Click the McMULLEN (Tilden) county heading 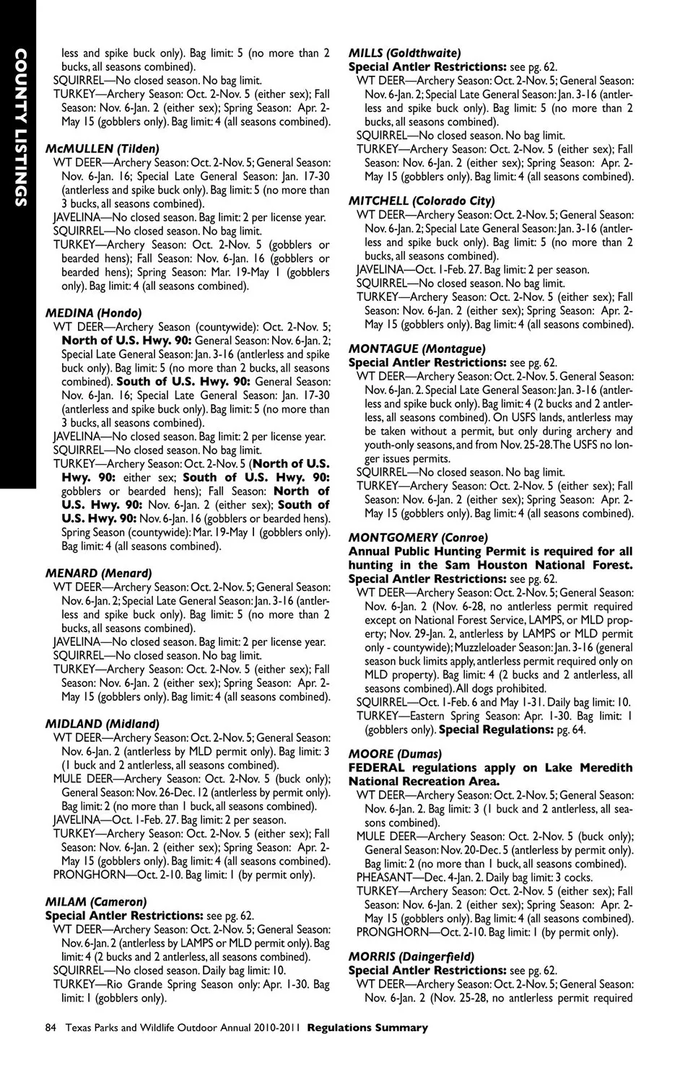(x=102, y=149)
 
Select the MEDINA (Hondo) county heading (x=93, y=313)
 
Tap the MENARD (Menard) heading (x=98, y=573)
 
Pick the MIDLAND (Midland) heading (x=102, y=724)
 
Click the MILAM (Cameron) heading (x=95, y=901)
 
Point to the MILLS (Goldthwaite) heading (x=404, y=53)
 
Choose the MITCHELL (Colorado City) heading (x=421, y=201)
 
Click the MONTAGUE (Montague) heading (x=417, y=349)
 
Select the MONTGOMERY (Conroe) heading (x=418, y=538)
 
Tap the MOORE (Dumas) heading (x=394, y=754)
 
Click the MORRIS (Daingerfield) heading (x=411, y=957)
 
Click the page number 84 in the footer (x=51, y=1028)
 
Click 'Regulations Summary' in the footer (x=367, y=1028)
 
